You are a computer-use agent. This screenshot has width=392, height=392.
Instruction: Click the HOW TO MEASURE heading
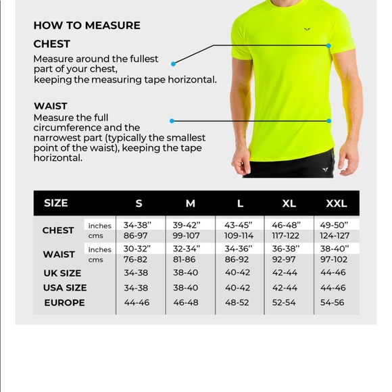click(x=87, y=26)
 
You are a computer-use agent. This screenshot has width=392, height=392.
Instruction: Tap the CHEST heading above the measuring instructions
click(x=52, y=44)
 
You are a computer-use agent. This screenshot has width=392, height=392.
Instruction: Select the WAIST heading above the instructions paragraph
click(x=51, y=105)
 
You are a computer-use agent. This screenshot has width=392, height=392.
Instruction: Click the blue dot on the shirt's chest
click(x=329, y=46)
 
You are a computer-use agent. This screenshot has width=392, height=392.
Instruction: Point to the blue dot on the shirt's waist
click(x=329, y=121)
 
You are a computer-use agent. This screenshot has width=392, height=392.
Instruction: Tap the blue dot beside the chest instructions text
click(x=174, y=64)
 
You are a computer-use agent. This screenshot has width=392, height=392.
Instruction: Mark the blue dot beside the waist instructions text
click(x=172, y=121)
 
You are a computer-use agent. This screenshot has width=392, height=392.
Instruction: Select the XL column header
click(x=289, y=203)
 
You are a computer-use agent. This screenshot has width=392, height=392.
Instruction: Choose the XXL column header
click(x=336, y=203)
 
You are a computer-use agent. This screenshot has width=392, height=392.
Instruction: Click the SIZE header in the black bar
click(x=56, y=203)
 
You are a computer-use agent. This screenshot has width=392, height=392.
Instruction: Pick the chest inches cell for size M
click(x=187, y=225)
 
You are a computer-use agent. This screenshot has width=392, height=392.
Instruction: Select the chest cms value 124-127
click(x=335, y=236)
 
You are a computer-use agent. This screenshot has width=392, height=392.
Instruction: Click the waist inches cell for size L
click(x=239, y=249)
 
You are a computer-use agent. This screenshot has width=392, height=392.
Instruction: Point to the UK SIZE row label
click(x=62, y=273)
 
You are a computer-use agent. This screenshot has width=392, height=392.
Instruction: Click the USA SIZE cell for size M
click(x=186, y=288)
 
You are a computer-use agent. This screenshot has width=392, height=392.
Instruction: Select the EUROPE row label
click(x=64, y=302)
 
